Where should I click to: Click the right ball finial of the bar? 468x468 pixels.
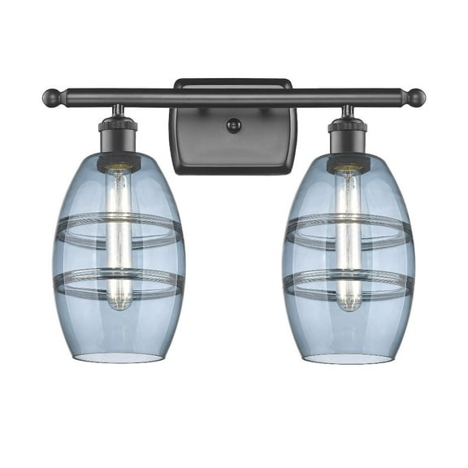[x=417, y=98]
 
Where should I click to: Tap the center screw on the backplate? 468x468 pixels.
[x=234, y=124]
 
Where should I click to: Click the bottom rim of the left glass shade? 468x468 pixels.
[x=119, y=358]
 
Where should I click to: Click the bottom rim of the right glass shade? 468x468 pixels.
[x=349, y=358]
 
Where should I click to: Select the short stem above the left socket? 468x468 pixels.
[x=119, y=110]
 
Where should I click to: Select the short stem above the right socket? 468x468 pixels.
[x=348, y=110]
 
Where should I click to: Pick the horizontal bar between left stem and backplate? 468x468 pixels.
[x=146, y=97]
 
